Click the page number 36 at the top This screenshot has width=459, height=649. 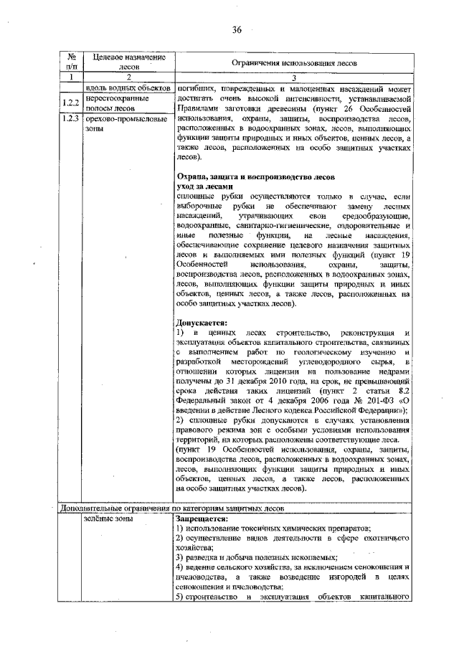click(237, 29)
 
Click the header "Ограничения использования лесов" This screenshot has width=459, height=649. click(292, 62)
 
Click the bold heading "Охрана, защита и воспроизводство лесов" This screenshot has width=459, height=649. click(254, 176)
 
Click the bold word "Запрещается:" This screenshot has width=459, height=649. click(202, 518)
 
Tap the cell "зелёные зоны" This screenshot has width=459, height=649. click(105, 518)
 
